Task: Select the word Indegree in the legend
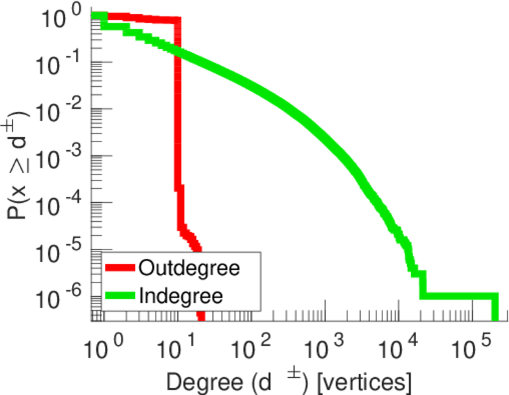[181, 295]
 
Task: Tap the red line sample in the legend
[121, 268]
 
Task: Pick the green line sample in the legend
[121, 295]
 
